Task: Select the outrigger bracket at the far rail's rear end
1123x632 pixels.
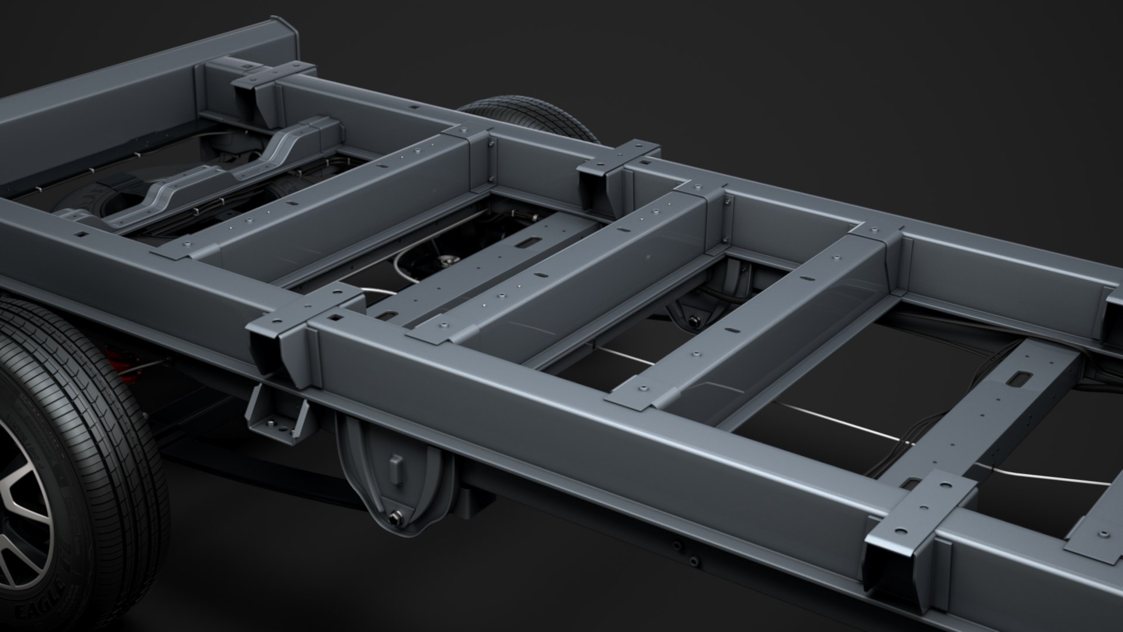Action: coord(257,94)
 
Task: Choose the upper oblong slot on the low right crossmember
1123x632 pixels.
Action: coord(1021,380)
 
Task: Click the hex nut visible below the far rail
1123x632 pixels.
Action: coord(695,320)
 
